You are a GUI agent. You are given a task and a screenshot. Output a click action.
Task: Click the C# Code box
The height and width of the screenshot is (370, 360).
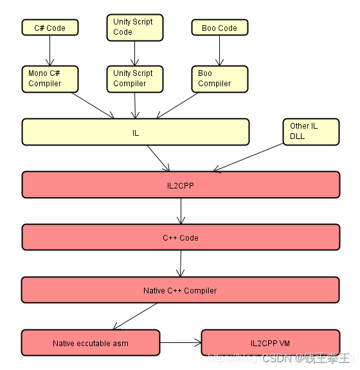point(50,27)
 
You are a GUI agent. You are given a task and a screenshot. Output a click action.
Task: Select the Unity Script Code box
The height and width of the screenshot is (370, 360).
point(134,27)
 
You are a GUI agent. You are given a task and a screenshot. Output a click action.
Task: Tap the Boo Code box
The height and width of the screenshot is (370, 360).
point(219,28)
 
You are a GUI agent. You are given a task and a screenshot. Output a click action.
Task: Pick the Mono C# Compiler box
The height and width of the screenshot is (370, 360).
point(50,78)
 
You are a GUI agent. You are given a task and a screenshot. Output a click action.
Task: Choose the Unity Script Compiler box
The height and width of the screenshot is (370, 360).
point(134,79)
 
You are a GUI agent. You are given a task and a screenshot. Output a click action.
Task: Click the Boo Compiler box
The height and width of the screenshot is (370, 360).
point(219,79)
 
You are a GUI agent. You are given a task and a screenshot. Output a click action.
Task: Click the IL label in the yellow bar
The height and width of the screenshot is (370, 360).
point(136,133)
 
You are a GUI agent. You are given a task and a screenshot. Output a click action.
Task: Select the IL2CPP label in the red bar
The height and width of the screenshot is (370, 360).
point(180,185)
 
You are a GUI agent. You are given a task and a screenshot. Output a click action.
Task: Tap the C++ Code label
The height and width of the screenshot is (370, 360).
point(180,237)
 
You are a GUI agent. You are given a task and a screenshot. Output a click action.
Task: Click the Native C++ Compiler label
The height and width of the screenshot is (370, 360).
point(180,290)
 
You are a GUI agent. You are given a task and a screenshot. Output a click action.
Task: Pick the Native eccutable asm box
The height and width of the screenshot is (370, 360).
point(91,343)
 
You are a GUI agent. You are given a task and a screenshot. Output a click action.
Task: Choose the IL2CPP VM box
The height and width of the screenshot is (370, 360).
point(270,343)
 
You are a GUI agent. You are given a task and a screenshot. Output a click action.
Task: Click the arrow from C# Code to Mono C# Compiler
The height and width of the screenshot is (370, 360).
point(50,50)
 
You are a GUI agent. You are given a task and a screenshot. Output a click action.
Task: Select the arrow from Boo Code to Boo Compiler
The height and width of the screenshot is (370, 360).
point(219,50)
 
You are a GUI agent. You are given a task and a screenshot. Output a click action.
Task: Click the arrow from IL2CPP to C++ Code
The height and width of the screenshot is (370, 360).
point(181,211)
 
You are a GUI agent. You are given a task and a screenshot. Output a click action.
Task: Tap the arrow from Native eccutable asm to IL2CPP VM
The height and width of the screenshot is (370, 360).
point(181,343)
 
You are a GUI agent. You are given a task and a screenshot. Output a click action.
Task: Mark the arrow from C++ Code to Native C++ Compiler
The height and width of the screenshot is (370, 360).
point(181,264)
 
